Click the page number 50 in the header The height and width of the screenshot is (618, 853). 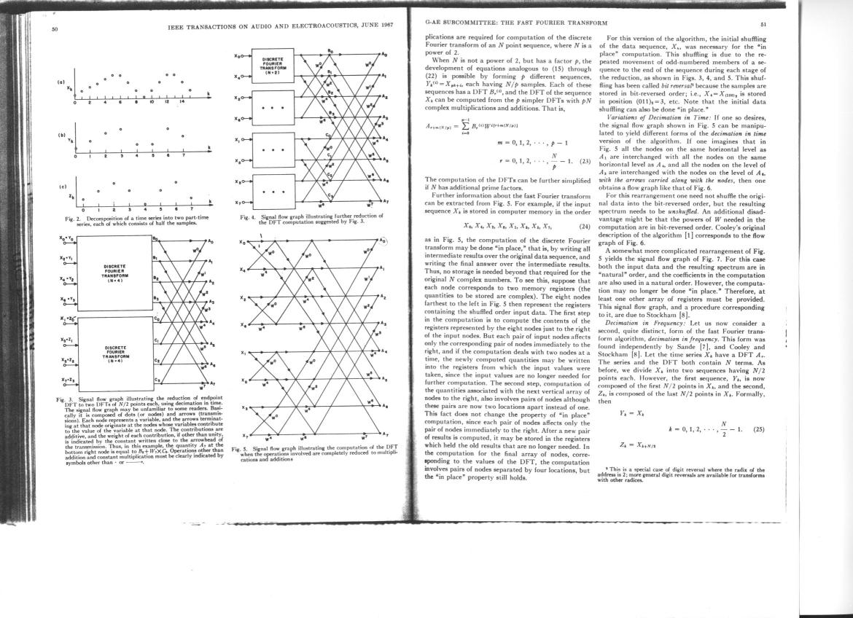click(x=54, y=30)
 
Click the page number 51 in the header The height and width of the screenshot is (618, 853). click(x=763, y=23)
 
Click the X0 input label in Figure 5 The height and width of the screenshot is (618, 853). click(x=243, y=240)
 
